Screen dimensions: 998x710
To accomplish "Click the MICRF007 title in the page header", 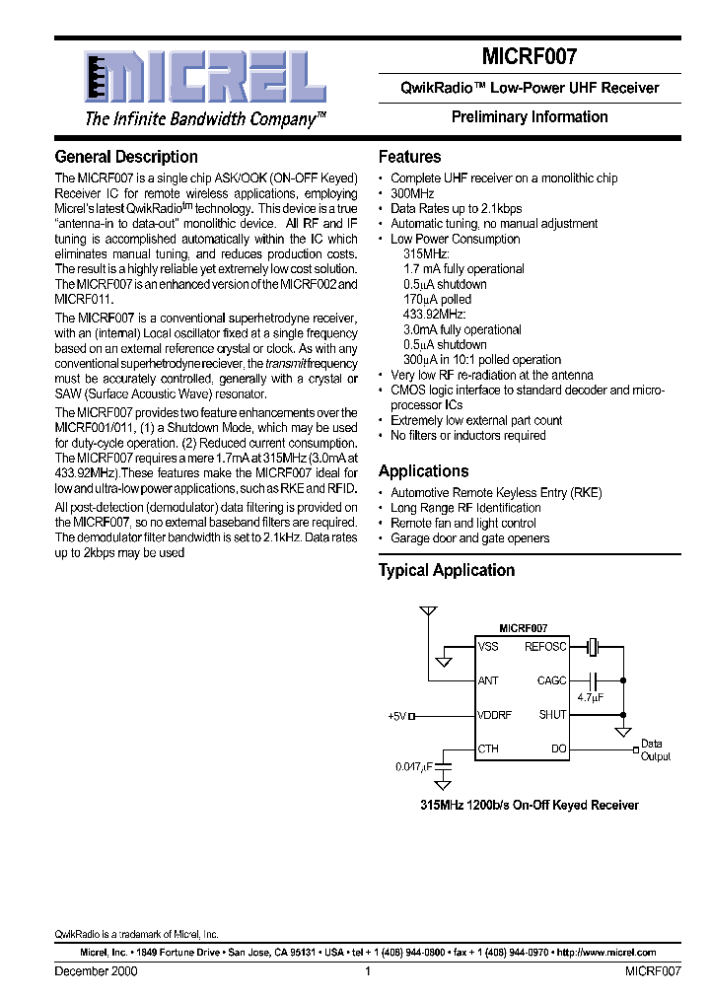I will pyautogui.click(x=530, y=57).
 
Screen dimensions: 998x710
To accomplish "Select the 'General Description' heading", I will pyautogui.click(x=126, y=157).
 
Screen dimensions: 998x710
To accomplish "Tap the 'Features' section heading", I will pyautogui.click(x=409, y=157).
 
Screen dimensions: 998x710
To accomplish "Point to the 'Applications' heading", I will pyautogui.click(x=423, y=470).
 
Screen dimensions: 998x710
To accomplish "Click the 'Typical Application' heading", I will pyautogui.click(x=447, y=570).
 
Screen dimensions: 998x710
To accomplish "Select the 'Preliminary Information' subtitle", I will pyautogui.click(x=530, y=116).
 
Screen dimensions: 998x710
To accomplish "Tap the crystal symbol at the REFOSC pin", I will pyautogui.click(x=591, y=647).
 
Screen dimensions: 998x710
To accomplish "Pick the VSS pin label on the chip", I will pyautogui.click(x=488, y=647).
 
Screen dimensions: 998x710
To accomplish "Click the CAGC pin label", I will pyautogui.click(x=551, y=680).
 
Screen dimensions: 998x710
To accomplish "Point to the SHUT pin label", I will pyautogui.click(x=552, y=715).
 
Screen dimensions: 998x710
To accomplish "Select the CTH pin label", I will pyautogui.click(x=488, y=748).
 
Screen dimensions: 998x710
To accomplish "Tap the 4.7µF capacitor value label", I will pyautogui.click(x=590, y=697).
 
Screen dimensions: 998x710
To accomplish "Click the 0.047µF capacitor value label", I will pyautogui.click(x=413, y=765).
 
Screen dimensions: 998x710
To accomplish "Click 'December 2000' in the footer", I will pyautogui.click(x=96, y=971).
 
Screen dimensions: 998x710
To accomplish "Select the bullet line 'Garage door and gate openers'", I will pyautogui.click(x=469, y=537).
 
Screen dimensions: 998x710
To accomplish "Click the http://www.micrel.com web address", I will pyautogui.click(x=605, y=953).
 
